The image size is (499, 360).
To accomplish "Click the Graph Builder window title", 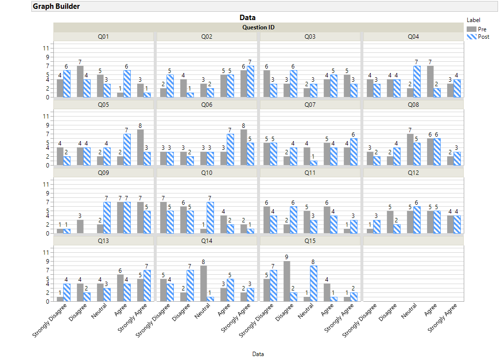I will tap(56, 6).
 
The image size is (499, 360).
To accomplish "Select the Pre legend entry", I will tap(482, 29).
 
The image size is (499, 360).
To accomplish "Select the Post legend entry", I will tap(483, 37).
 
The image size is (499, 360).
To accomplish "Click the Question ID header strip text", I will tap(258, 27).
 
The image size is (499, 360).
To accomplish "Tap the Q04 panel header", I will tap(413, 37).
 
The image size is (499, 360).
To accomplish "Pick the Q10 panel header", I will tap(207, 173).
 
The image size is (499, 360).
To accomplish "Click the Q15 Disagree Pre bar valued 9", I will tap(286, 281).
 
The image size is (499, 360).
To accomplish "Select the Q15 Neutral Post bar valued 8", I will tap(313, 284).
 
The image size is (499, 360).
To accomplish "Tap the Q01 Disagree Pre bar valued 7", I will tap(80, 81).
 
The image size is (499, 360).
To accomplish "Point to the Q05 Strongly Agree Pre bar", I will tap(140, 147).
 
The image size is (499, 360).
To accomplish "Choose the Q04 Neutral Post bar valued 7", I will tap(416, 81).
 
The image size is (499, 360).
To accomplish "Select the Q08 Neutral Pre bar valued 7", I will tap(410, 149).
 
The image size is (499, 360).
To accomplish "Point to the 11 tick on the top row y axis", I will tap(46, 48).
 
